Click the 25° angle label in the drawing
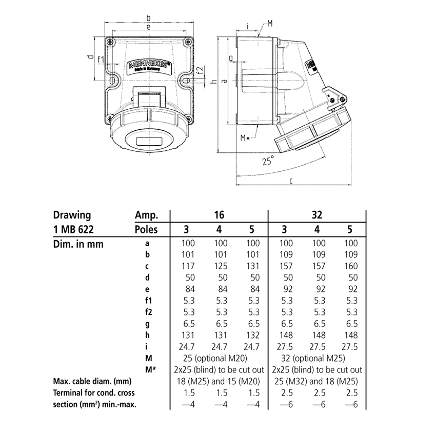[x=267, y=161]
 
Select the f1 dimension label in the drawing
[x=101, y=60]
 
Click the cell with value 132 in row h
[x=253, y=335]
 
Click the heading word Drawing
[x=73, y=215]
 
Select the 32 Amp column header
[x=319, y=215]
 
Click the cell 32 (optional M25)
[x=318, y=359]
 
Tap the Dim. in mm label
[x=78, y=244]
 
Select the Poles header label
[x=147, y=229]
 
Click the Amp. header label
[x=146, y=215]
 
